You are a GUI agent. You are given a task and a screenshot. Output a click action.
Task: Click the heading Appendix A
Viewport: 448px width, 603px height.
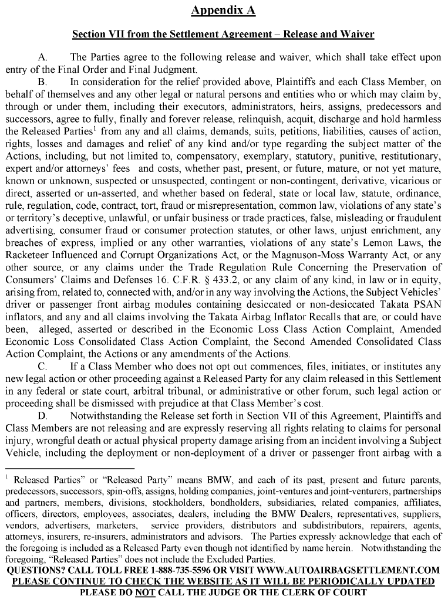pyautogui.click(x=223, y=11)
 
